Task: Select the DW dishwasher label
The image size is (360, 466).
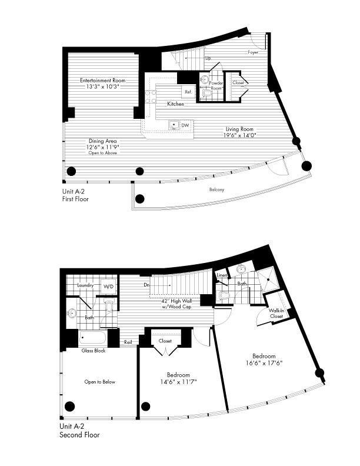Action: [x=185, y=125]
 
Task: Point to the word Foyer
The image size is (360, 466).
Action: [x=253, y=52]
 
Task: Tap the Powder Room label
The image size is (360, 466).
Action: [x=216, y=85]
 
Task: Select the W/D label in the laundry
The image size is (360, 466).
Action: [x=109, y=287]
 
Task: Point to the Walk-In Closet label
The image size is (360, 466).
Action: [x=276, y=313]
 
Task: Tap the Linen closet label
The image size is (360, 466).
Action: [x=222, y=275]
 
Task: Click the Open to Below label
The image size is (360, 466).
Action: [x=99, y=382]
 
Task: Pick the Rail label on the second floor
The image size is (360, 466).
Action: [x=128, y=342]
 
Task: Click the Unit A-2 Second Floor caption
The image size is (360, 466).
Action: [x=79, y=431]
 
